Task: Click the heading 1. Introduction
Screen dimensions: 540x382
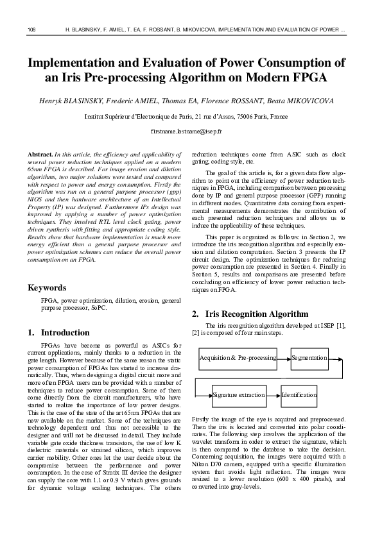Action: click(59, 333)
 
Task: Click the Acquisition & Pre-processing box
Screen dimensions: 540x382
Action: click(238, 357)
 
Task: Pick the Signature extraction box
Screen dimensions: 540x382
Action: click(238, 395)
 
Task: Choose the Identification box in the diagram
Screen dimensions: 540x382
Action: click(299, 395)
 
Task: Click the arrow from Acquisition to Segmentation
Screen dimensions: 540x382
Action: click(284, 357)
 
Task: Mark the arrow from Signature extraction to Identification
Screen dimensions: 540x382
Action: click(273, 395)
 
